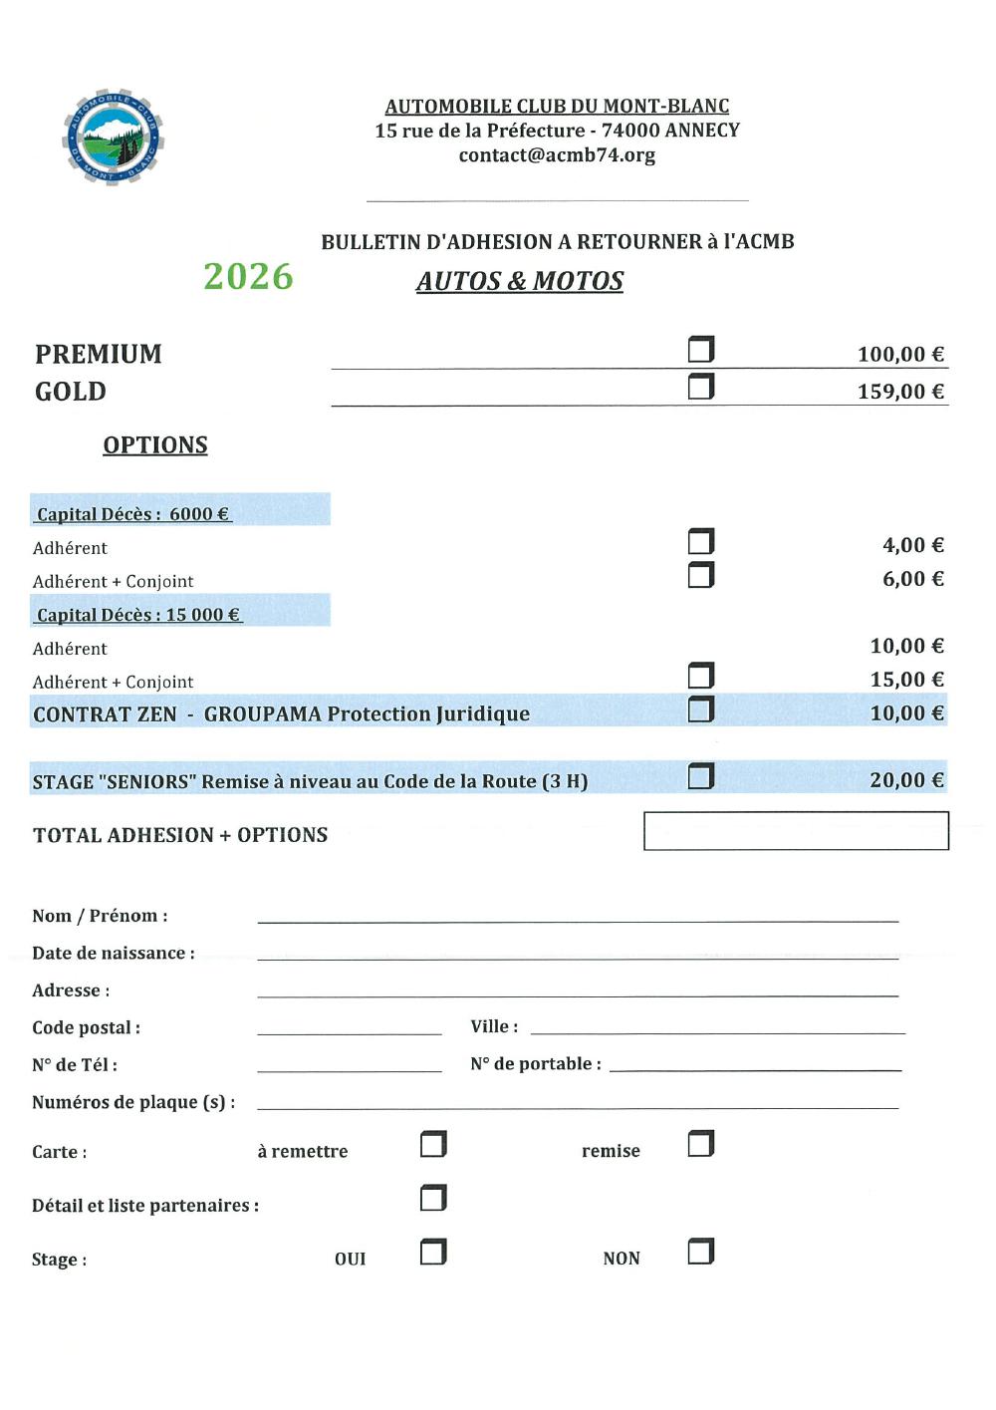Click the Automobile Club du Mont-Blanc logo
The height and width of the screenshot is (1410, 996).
pos(113,138)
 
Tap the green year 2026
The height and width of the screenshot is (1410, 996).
pos(248,277)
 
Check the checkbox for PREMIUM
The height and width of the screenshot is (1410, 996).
pos(701,350)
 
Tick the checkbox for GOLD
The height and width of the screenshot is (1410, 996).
pos(701,387)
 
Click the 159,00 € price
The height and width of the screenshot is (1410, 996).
pos(900,392)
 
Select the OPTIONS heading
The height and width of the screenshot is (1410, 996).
pos(155,445)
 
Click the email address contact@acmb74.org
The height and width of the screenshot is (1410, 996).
pos(557,155)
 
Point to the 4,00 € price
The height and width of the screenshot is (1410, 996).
pos(912,545)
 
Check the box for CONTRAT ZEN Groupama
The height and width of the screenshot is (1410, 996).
pos(701,709)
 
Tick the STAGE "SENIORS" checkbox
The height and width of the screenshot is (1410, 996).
pos(701,776)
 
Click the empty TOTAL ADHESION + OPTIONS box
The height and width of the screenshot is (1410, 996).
pos(796,831)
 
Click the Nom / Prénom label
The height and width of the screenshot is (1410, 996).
pos(100,916)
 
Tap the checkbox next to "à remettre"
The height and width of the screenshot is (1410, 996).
pos(433,1144)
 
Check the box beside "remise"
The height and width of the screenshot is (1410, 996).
pos(701,1144)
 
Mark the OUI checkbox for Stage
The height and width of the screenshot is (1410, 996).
pos(433,1252)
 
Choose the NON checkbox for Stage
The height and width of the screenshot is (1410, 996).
pos(701,1252)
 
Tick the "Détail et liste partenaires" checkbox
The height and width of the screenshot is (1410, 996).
pos(433,1198)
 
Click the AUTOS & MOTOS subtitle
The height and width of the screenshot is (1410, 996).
pos(520,282)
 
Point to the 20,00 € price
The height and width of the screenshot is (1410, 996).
pos(906,780)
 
